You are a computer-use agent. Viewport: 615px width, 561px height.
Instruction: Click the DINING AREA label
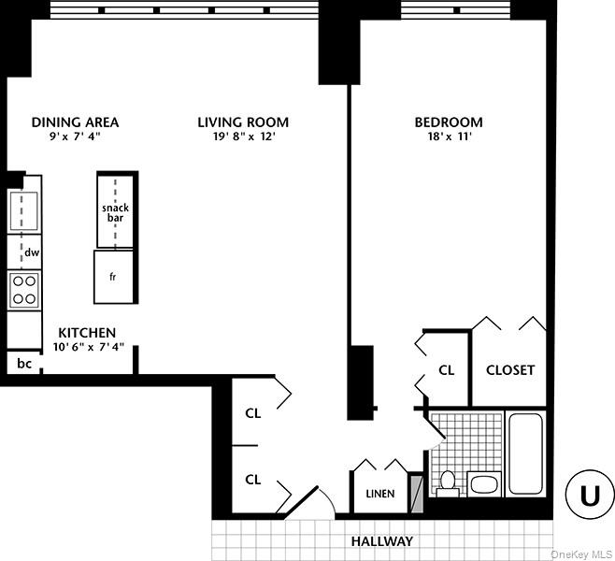click(75, 122)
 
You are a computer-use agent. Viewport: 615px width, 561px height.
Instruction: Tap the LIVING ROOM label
click(242, 122)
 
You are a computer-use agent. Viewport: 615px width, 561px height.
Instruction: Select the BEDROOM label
click(449, 122)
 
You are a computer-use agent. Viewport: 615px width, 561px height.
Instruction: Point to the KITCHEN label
click(87, 333)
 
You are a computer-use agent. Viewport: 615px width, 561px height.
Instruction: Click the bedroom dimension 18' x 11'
click(449, 137)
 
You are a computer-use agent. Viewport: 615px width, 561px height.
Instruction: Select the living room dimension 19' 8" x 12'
click(242, 137)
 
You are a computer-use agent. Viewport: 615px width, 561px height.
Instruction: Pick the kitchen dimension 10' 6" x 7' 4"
click(87, 348)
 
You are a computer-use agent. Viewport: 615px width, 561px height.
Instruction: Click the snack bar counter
click(116, 211)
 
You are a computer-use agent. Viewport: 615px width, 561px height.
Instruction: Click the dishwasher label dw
click(31, 252)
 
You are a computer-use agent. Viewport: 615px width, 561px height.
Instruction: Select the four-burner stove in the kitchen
click(23, 289)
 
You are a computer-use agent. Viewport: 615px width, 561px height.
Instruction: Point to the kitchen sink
click(23, 210)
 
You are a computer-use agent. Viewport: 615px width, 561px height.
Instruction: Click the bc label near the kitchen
click(23, 363)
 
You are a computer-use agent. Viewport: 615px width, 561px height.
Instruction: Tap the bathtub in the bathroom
click(525, 453)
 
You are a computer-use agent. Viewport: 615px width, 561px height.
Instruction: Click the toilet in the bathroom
click(447, 482)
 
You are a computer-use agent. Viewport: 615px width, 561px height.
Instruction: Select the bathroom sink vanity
click(484, 483)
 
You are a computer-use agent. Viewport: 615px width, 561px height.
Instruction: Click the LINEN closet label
click(379, 494)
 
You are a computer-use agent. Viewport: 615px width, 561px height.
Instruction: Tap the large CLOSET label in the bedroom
click(510, 369)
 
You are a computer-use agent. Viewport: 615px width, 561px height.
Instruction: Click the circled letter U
click(590, 496)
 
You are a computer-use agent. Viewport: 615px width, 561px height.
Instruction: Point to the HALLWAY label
click(381, 541)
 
